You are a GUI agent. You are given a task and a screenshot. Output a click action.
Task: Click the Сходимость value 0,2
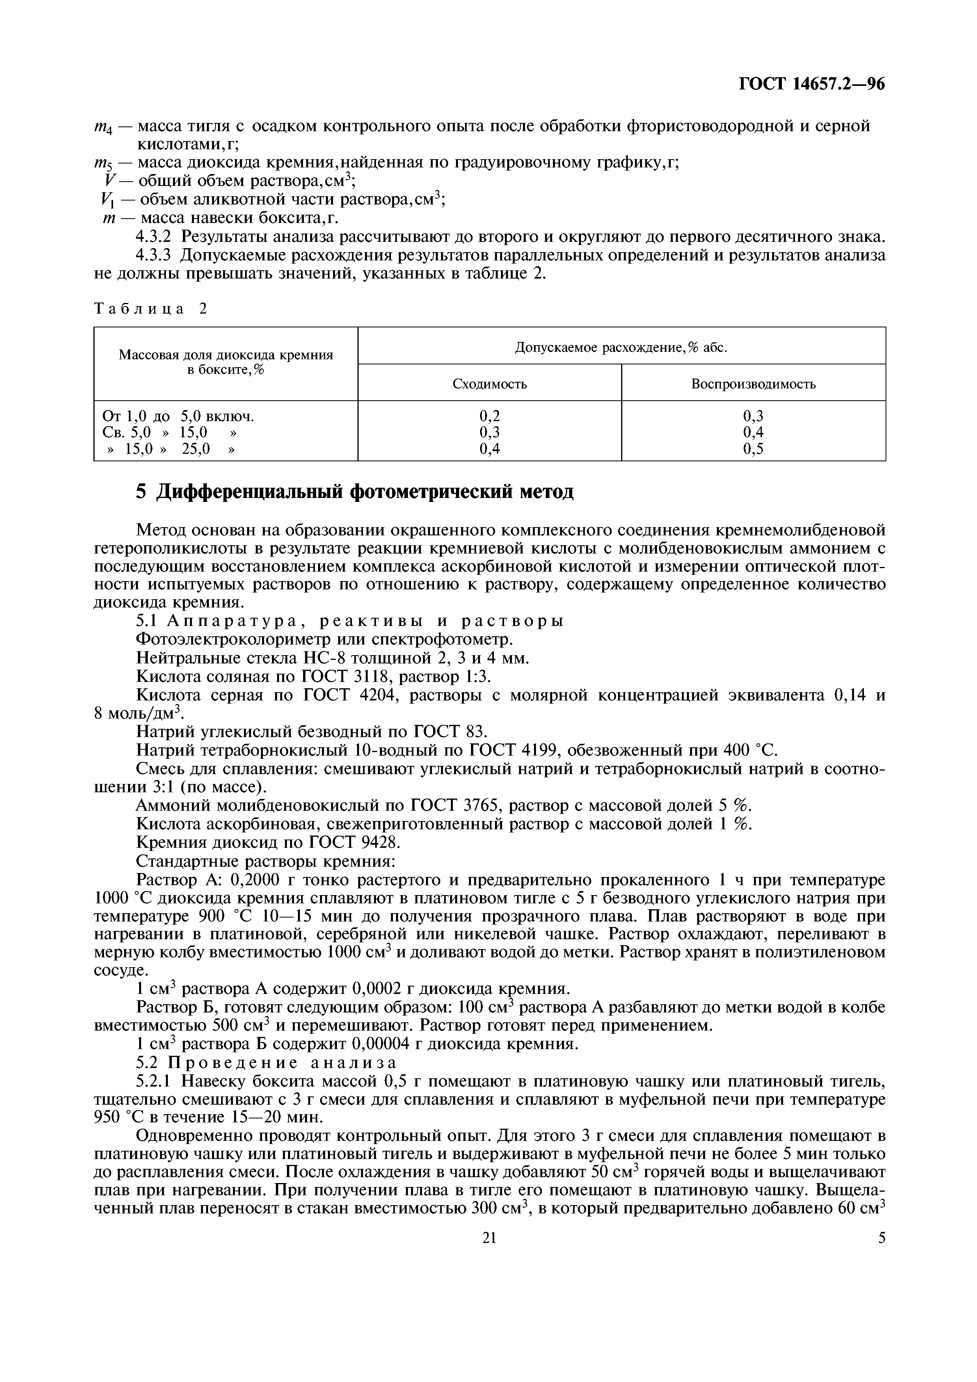coord(489,416)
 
